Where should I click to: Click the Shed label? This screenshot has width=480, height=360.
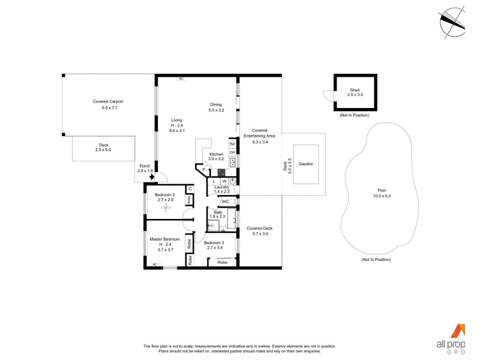click(x=355, y=89)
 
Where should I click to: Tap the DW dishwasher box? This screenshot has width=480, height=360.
click(x=232, y=152)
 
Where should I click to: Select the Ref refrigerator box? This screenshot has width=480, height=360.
click(x=232, y=144)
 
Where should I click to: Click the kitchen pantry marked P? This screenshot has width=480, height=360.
click(x=203, y=170)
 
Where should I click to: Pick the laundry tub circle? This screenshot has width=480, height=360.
click(x=232, y=181)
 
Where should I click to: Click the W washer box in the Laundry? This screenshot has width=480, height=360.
click(x=224, y=181)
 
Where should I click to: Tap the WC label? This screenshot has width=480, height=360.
click(x=225, y=202)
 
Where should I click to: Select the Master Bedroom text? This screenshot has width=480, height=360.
click(x=164, y=239)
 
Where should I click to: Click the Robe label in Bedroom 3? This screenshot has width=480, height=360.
click(x=222, y=262)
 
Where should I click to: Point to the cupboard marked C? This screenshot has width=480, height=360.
click(x=190, y=188)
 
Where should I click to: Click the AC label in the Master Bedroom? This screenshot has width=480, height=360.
click(x=154, y=265)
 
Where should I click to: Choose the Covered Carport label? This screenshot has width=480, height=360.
click(x=108, y=101)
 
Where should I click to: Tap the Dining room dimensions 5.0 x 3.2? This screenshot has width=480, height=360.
click(x=215, y=110)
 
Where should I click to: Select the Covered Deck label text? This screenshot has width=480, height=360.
click(x=259, y=228)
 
